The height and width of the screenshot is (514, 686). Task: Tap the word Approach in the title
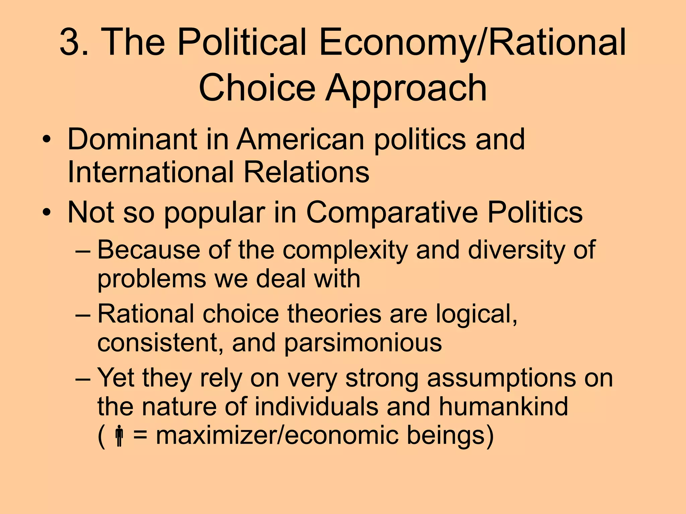(x=406, y=88)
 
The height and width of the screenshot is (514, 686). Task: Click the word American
(x=300, y=139)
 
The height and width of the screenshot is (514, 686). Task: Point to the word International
(x=150, y=172)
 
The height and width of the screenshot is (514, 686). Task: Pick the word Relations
(x=306, y=172)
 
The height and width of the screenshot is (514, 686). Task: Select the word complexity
(x=345, y=250)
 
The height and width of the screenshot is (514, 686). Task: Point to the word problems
(x=151, y=279)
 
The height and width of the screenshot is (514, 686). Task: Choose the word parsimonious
(x=363, y=343)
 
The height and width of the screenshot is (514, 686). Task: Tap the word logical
(x=476, y=315)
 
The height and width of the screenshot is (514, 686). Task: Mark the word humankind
(x=503, y=406)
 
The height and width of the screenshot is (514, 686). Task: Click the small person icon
(x=119, y=436)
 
